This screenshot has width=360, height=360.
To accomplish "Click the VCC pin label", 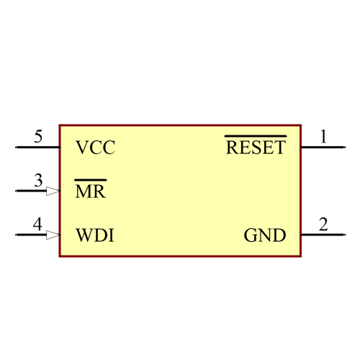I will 95,148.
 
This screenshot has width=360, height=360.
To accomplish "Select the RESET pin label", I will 256,148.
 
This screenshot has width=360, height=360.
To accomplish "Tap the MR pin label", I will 91,192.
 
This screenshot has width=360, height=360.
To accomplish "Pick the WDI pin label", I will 94,235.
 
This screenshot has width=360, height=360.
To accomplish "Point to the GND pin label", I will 264,235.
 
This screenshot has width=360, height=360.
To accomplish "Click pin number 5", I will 38,137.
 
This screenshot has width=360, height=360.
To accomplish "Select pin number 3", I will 38,181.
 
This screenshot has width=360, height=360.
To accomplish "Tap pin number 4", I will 37,225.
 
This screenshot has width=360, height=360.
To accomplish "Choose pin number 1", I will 323,137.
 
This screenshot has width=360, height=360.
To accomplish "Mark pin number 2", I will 323,225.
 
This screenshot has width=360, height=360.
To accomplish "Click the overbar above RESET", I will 256,135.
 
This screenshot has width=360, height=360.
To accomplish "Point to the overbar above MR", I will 91,179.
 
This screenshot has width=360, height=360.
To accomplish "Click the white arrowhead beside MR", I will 53,192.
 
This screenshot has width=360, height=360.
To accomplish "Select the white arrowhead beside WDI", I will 53,235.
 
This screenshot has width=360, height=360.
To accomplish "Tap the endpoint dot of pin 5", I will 16,148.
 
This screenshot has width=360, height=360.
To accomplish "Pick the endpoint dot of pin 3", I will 16,192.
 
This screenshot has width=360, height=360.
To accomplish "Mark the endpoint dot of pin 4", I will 16,235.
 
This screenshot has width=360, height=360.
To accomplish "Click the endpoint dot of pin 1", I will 345,148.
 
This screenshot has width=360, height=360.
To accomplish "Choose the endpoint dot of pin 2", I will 345,235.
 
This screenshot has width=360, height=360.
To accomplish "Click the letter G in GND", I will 250,235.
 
